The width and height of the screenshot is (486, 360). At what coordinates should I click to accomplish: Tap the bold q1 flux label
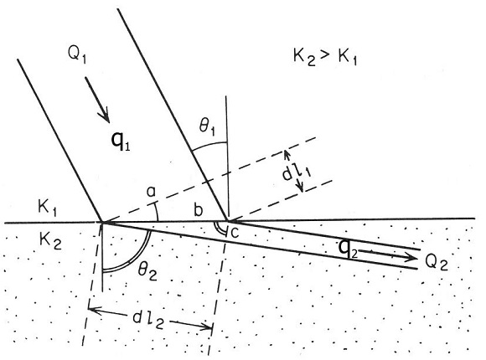coord(121,141)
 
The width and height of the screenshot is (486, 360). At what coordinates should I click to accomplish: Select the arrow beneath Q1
coord(97,100)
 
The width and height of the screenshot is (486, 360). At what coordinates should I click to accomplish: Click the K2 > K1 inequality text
coord(325,57)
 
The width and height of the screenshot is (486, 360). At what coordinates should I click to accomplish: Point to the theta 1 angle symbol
coord(207,126)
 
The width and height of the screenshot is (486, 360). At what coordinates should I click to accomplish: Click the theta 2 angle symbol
coord(147,272)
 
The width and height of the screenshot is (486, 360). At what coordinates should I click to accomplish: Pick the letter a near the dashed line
coord(151,192)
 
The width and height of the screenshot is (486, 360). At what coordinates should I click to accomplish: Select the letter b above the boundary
coord(198,210)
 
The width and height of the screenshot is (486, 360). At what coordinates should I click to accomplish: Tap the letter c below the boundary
coord(235,233)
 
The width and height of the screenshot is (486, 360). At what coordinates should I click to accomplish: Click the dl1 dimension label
coord(297,172)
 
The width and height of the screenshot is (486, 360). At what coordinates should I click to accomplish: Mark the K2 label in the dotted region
coord(51,240)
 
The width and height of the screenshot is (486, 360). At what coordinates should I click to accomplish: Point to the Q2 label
coord(437,263)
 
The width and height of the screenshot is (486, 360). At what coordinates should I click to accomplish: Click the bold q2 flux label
coord(348,248)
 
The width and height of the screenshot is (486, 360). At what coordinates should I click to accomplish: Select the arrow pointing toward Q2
coord(387,254)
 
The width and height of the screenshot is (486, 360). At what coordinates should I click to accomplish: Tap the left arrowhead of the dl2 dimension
coord(94,310)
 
